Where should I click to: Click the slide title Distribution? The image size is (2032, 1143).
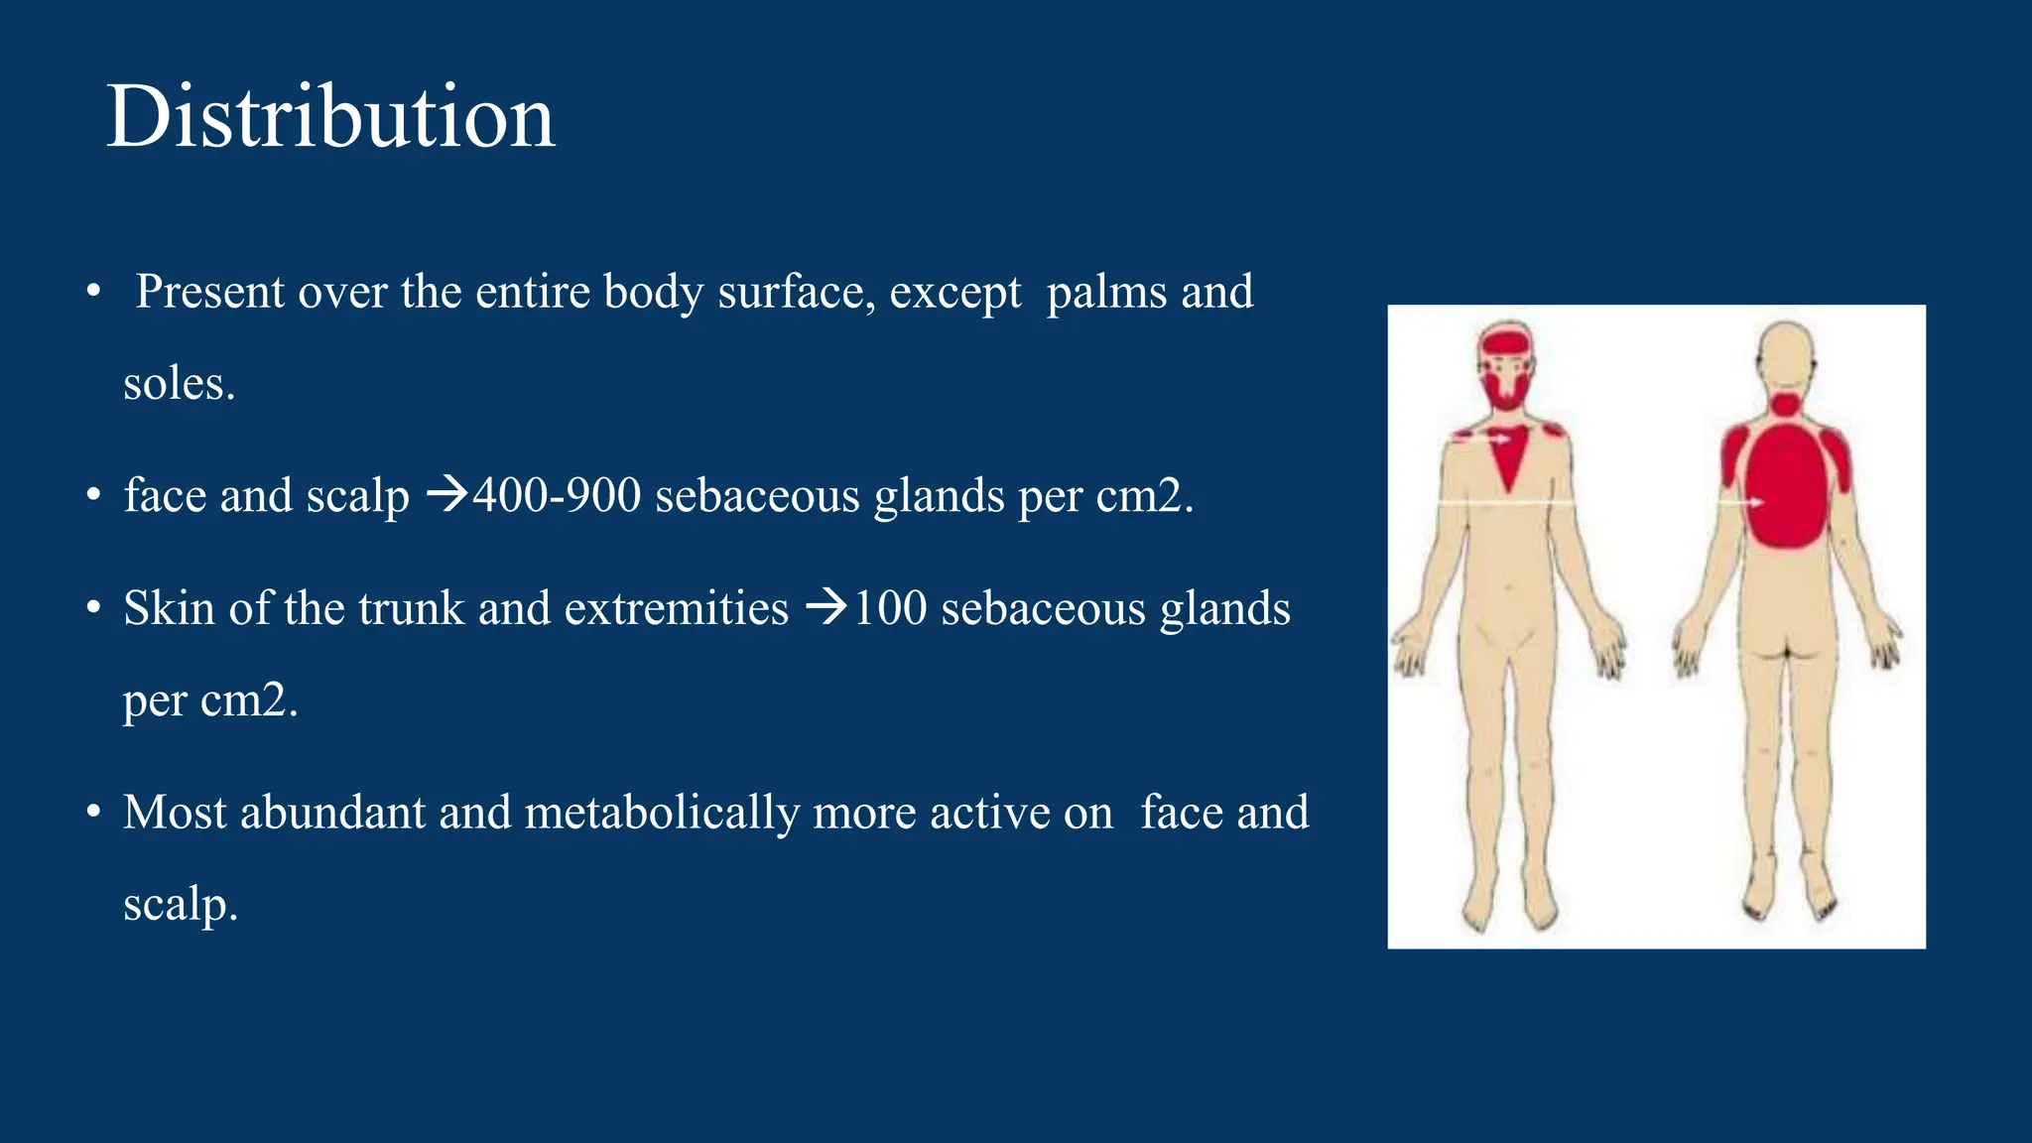pyautogui.click(x=329, y=117)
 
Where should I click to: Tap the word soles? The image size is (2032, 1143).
pyautogui.click(x=179, y=384)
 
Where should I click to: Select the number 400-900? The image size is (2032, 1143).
pyautogui.click(x=557, y=495)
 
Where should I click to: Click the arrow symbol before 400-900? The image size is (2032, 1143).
pyautogui.click(x=446, y=493)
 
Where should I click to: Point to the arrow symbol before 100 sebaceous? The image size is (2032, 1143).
pyautogui.click(x=826, y=605)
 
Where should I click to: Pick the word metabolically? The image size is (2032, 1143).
pyautogui.click(x=662, y=814)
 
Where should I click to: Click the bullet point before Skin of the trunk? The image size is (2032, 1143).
pyautogui.click(x=93, y=607)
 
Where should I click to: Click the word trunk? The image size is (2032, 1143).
pyautogui.click(x=411, y=608)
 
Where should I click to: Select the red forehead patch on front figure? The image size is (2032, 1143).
pyautogui.click(x=1506, y=343)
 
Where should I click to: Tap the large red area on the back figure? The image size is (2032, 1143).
pyautogui.click(x=1786, y=486)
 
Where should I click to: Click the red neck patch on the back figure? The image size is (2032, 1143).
pyautogui.click(x=1786, y=404)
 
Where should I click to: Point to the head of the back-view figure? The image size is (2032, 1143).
pyautogui.click(x=1786, y=352)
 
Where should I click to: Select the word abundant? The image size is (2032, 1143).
pyautogui.click(x=332, y=813)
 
